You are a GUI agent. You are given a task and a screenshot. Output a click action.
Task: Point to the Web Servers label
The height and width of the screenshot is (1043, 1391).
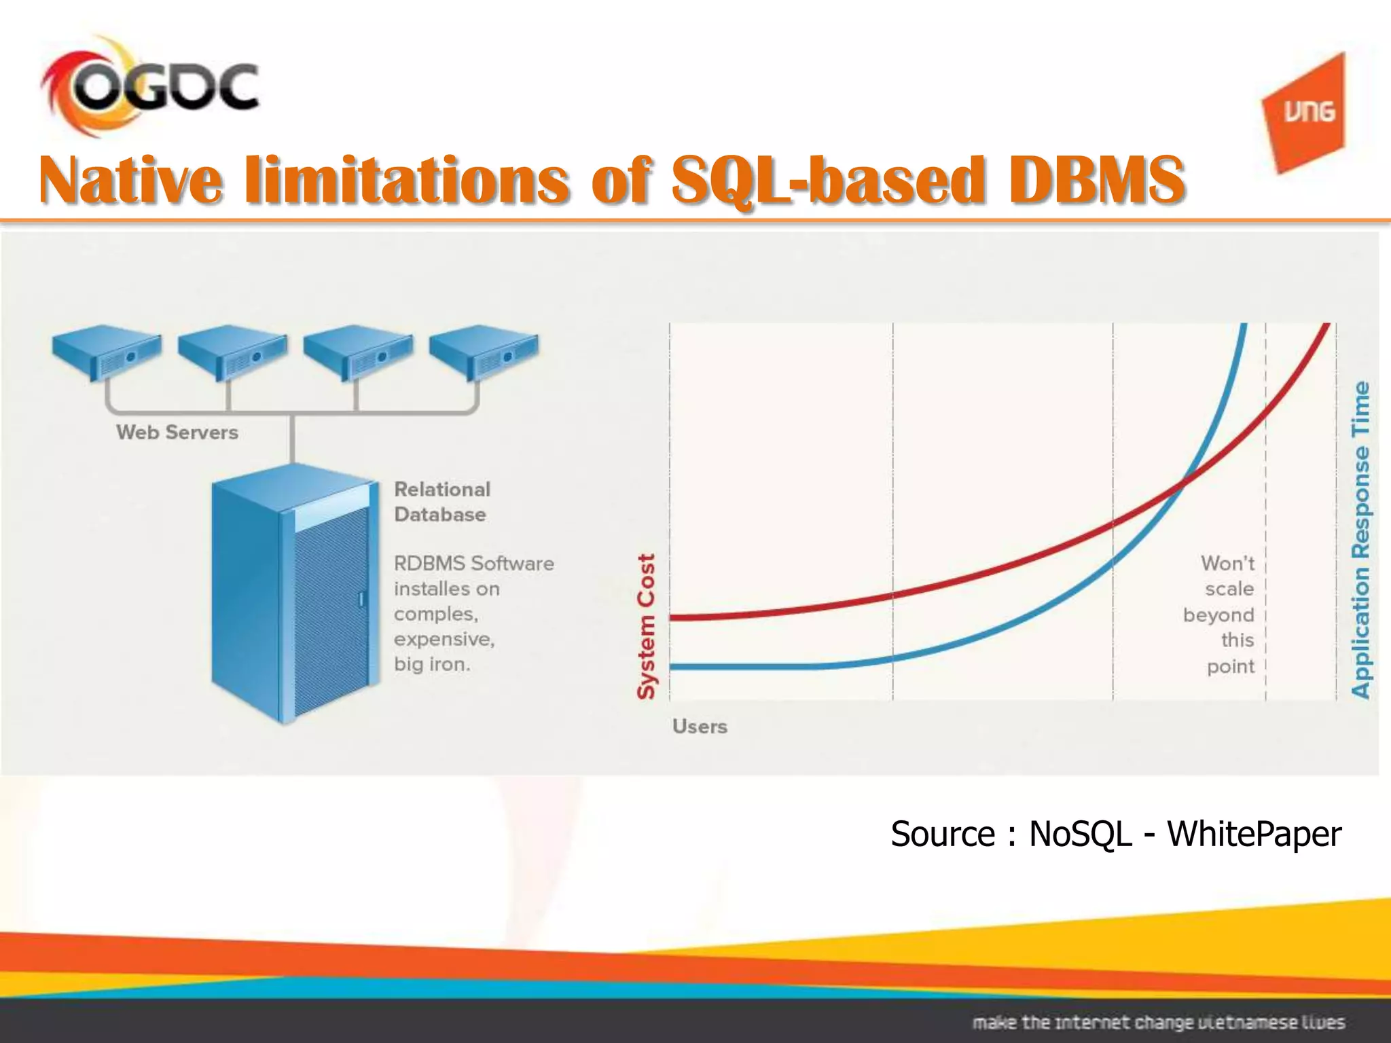pos(177,433)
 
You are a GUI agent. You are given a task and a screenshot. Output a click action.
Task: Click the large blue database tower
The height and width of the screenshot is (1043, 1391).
pos(294,591)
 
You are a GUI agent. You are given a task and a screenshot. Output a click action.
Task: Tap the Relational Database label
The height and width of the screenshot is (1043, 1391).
pos(441,502)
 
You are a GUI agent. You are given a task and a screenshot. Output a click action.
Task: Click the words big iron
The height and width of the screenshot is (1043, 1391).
pos(432,664)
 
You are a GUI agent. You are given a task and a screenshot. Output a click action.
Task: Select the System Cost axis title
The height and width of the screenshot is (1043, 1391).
pos(646,626)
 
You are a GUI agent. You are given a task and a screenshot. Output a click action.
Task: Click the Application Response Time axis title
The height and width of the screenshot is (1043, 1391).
pos(1360,540)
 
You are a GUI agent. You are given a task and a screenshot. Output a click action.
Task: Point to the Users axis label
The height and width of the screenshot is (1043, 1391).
pos(700,727)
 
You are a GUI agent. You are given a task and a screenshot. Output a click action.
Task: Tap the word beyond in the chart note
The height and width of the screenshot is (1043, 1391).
pos(1218,615)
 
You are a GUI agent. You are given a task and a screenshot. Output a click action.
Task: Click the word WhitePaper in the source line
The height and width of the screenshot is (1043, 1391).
pos(1254,834)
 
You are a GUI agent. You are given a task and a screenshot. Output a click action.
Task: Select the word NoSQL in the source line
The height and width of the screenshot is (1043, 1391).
pos(1080,834)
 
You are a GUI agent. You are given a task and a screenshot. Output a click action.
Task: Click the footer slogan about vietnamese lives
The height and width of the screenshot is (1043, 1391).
pos(1158,1023)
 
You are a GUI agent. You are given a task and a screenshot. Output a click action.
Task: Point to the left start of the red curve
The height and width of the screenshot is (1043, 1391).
pos(672,617)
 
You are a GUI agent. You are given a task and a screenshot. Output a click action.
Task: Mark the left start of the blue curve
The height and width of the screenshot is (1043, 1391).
pos(672,667)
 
